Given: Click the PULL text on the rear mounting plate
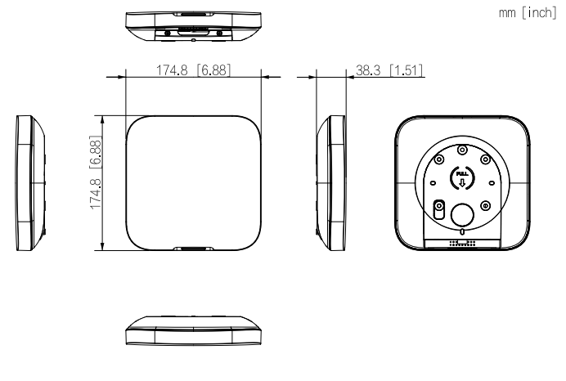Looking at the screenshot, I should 462,173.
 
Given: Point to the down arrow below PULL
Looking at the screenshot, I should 462,182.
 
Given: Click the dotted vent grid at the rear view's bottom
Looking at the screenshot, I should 463,244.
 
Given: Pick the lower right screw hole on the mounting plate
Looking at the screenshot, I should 486,204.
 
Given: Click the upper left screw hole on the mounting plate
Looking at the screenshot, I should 440,159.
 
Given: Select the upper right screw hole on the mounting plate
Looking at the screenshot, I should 486,159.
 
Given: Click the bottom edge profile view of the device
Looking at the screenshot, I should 193,334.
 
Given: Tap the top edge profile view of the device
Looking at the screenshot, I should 193,25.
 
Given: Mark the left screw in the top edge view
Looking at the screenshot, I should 167,32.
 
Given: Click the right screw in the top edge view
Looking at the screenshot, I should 219,32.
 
